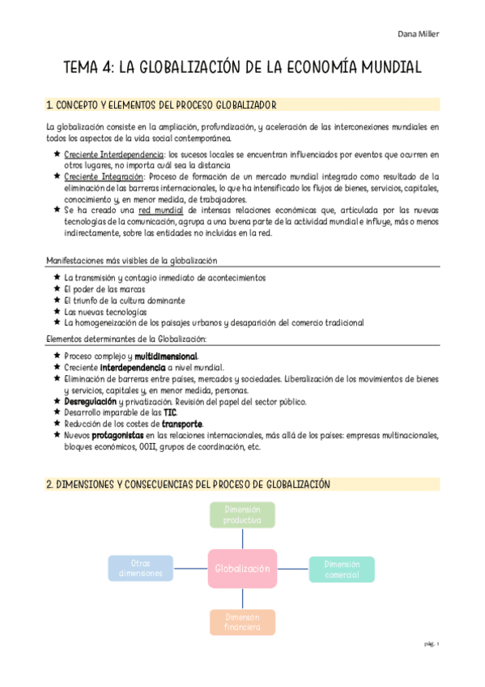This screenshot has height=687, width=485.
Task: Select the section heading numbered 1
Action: click(x=162, y=105)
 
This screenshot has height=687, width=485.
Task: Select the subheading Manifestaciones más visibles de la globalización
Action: click(x=132, y=260)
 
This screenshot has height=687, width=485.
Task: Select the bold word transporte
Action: click(x=182, y=423)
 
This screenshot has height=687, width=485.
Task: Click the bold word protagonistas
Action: click(x=111, y=434)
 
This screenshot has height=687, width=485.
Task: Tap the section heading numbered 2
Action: click(x=188, y=484)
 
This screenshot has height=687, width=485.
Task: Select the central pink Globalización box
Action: click(x=242, y=569)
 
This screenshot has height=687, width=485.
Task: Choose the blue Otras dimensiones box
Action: click(x=141, y=569)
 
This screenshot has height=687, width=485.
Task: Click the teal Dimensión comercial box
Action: click(x=342, y=569)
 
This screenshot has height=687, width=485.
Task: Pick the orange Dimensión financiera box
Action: click(x=242, y=622)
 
